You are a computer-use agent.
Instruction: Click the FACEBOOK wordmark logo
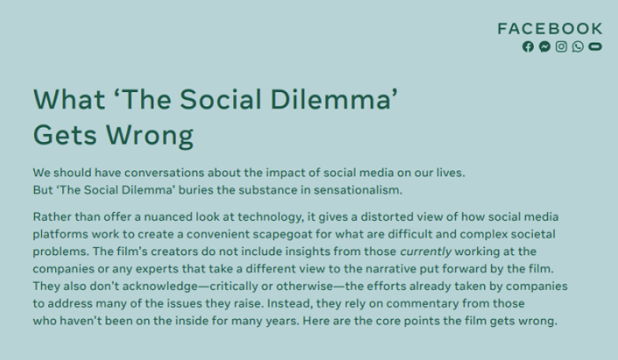[550, 28]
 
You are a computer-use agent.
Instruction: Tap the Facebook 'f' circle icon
[528, 46]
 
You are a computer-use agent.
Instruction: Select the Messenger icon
[545, 46]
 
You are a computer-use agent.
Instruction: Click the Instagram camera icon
[561, 46]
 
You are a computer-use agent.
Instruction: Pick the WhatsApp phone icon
[578, 46]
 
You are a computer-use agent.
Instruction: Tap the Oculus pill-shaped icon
[595, 46]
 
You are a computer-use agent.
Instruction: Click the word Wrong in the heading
[150, 135]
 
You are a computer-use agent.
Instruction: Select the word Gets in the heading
[65, 135]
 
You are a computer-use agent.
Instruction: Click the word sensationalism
[358, 190]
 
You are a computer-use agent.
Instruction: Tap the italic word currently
[426, 252]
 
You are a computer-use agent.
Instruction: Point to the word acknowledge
[160, 287]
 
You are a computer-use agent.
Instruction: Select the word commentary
[423, 304]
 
